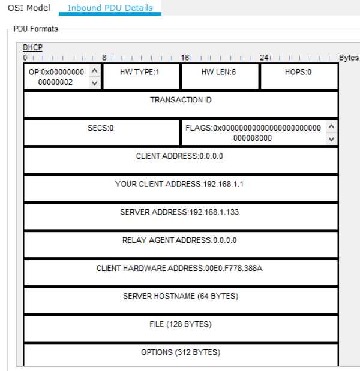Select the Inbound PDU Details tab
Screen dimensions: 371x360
[110, 8]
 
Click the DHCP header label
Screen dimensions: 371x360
[33, 47]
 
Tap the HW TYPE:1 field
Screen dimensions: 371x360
[141, 71]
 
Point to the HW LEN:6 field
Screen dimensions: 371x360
[219, 71]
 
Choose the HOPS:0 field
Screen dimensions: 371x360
[298, 71]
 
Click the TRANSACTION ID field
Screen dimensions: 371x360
[181, 100]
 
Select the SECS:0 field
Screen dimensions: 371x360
[101, 128]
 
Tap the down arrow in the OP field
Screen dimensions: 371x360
[94, 83]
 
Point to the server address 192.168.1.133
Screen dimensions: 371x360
[181, 212]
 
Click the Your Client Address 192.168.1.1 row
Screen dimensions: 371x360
[181, 184]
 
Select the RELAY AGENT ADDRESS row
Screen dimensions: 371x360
[181, 240]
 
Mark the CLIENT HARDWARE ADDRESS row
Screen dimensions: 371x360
[181, 268]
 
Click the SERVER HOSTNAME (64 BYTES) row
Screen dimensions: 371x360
[181, 296]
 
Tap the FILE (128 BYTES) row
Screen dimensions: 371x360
[181, 324]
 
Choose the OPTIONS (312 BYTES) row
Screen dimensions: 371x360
[181, 352]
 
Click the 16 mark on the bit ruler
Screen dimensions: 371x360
[185, 58]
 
